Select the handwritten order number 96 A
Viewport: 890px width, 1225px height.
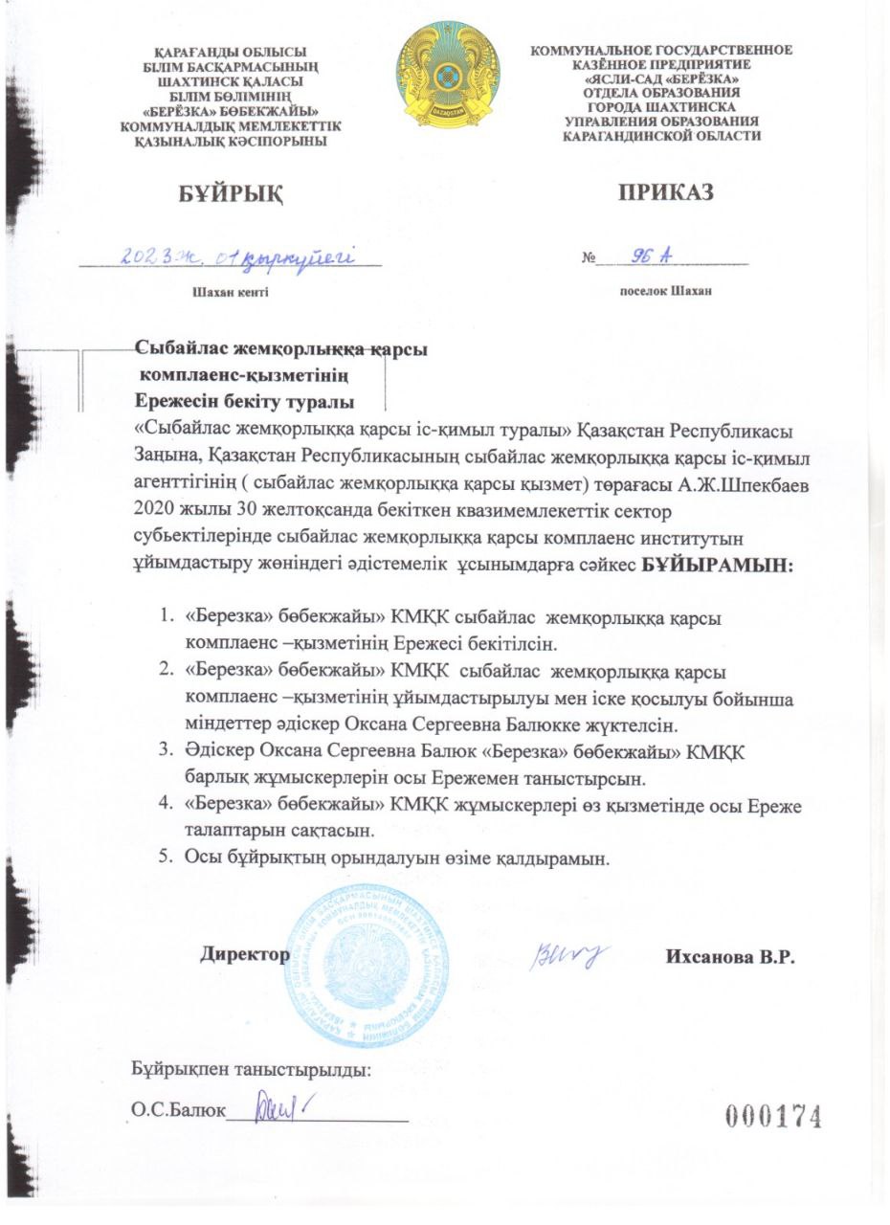(x=654, y=255)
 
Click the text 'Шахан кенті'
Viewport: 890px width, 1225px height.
(x=231, y=292)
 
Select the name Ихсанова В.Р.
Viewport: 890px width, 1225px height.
(x=730, y=957)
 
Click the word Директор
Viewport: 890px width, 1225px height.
(x=245, y=954)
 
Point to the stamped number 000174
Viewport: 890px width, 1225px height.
(x=774, y=1116)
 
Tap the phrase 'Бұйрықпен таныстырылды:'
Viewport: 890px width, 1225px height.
(x=251, y=1070)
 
